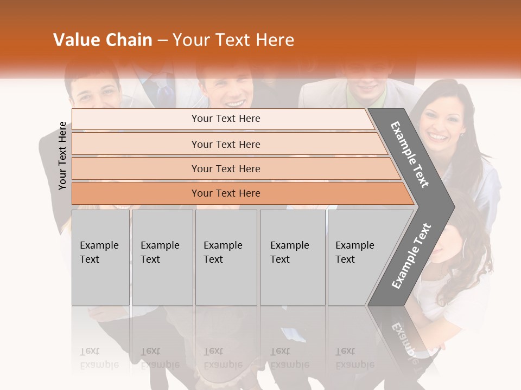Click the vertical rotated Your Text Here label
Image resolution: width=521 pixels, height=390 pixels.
63,156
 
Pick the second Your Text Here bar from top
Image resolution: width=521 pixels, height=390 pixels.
226,144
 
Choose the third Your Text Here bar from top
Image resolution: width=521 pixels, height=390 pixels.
226,168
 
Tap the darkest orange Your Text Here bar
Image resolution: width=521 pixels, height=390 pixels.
226,193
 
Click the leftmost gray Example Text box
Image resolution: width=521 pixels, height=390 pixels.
100,257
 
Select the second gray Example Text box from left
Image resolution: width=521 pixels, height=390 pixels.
162,257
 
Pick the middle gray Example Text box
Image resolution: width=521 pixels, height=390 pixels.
226,257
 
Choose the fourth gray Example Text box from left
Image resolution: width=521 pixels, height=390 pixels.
292,257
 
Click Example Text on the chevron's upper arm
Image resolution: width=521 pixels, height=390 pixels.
409,155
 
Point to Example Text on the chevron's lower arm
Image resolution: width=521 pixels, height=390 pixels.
411,256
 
